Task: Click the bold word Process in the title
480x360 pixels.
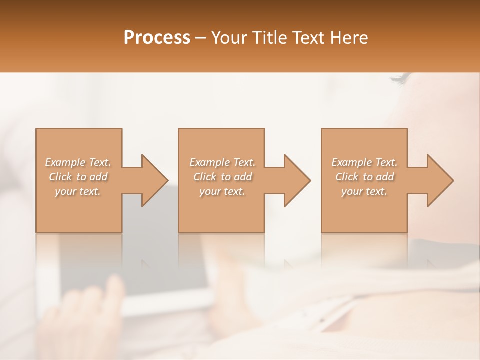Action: pyautogui.click(x=157, y=38)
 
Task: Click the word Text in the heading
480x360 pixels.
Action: pyautogui.click(x=309, y=38)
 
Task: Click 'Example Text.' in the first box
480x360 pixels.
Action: pyautogui.click(x=78, y=162)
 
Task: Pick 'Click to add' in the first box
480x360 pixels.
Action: pyautogui.click(x=78, y=177)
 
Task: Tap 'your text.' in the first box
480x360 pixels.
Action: pyautogui.click(x=78, y=191)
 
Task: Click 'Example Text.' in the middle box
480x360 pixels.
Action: pyautogui.click(x=222, y=162)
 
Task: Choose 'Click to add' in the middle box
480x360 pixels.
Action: pyautogui.click(x=222, y=177)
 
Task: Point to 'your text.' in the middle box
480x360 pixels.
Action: pyautogui.click(x=222, y=191)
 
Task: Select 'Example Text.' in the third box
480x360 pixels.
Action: pyautogui.click(x=364, y=162)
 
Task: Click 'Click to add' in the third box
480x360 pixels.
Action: pyautogui.click(x=364, y=177)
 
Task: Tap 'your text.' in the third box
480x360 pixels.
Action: pyautogui.click(x=364, y=191)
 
